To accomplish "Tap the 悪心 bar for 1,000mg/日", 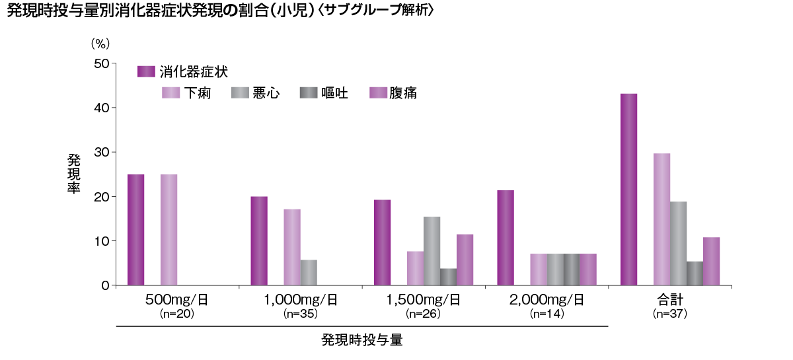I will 309,273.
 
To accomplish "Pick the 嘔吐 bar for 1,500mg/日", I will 448,277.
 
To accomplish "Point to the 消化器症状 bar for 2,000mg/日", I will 506,238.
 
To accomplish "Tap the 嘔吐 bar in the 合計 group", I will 695,273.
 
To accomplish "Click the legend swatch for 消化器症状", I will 146,71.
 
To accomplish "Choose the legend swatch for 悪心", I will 240,92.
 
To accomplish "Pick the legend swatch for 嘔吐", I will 308,92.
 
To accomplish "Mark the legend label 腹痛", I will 403,92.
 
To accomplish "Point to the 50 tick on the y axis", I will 102,63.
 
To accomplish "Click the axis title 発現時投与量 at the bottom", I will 362,341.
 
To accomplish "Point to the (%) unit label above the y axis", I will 100,43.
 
